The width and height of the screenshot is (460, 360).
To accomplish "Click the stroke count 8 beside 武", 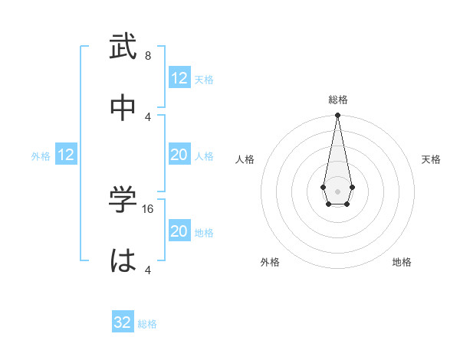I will pos(148,56).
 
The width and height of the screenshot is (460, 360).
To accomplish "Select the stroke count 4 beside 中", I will pos(148,116).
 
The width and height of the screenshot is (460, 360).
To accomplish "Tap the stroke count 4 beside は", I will pos(148,270).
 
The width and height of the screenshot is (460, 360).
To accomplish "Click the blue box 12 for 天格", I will pos(179,78).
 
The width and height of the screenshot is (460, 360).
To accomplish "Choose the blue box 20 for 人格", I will pos(179,155).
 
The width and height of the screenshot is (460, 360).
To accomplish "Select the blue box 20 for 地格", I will pos(179,231).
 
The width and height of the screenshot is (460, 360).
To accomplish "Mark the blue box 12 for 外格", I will pos(66,155).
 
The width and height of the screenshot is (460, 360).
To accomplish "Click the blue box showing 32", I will pos(123,322).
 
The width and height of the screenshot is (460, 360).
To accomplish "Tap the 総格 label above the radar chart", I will pos(338,100).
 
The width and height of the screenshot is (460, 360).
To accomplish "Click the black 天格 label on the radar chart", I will pos(431,159).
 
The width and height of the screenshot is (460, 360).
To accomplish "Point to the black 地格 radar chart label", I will pos(402,262).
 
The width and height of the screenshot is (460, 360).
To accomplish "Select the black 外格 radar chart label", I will pos(270,262).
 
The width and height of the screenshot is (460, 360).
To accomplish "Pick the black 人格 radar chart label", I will pos(245,159).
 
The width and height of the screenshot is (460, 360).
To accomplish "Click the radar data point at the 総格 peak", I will pos(337,115).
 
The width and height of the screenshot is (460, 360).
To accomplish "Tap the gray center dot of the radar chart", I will pos(337,190).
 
